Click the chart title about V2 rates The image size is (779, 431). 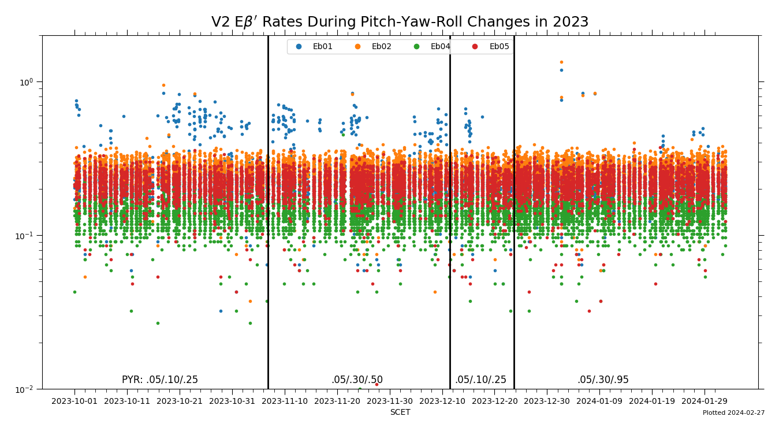tap(400, 22)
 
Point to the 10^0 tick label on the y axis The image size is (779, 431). tap(27, 81)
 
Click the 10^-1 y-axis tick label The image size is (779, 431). tap(26, 236)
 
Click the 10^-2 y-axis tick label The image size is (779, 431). tap(26, 389)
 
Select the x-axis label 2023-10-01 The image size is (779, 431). tap(74, 401)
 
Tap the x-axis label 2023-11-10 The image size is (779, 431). tap(285, 401)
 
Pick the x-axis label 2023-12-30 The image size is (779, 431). tap(547, 401)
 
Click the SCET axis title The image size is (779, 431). tap(400, 413)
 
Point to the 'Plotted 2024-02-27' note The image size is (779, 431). tap(733, 413)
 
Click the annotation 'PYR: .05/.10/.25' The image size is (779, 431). tap(160, 380)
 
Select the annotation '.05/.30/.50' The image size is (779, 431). tap(357, 380)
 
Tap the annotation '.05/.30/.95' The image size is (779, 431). tap(603, 380)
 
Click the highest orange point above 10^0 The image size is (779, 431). tap(561, 62)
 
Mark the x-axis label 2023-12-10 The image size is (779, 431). tap(442, 401)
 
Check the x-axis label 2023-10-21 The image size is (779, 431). tap(180, 401)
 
